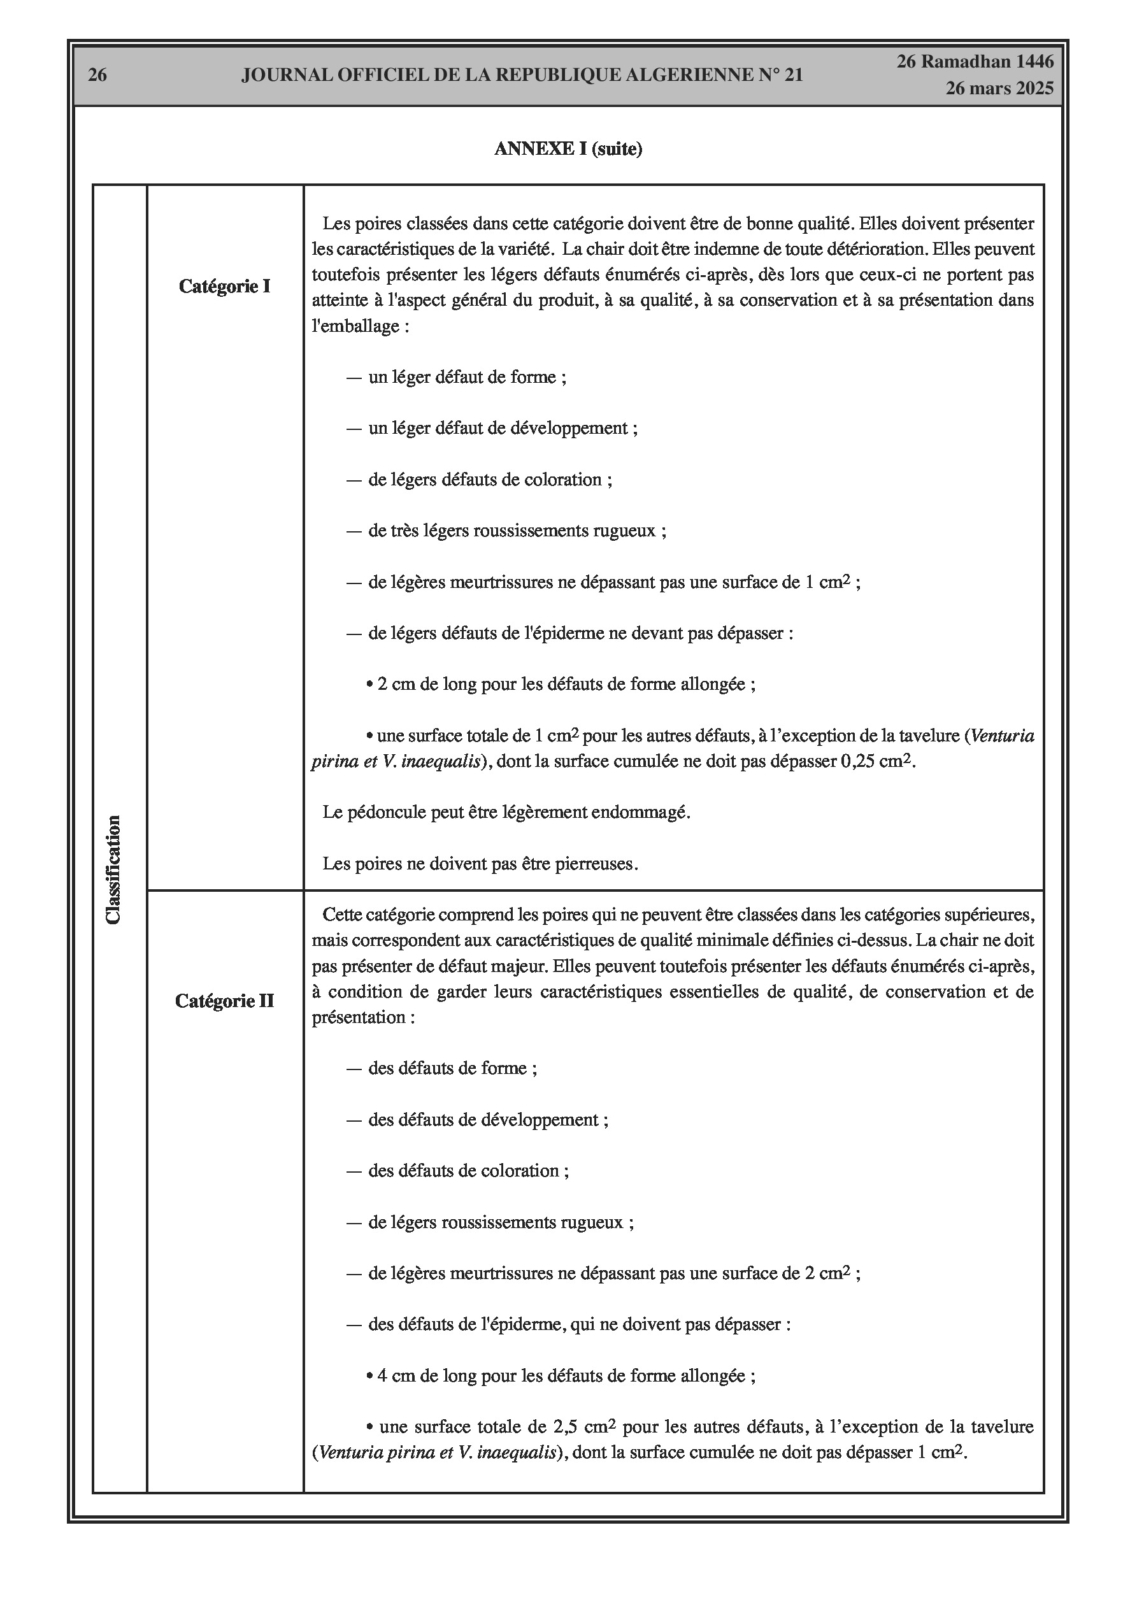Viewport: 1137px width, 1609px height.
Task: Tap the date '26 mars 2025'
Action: (999, 89)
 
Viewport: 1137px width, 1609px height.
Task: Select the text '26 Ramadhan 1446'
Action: (975, 62)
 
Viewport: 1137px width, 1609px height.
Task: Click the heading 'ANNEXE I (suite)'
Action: (568, 149)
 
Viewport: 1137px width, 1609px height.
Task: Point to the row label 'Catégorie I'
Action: (224, 287)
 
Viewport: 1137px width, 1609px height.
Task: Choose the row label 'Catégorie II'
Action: (224, 1001)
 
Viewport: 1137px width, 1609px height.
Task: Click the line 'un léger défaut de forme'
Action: (467, 378)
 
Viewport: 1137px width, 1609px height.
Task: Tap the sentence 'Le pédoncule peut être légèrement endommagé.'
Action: (506, 812)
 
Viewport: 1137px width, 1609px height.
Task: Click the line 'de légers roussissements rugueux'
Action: (501, 1222)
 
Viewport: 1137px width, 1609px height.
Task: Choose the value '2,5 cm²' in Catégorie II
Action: (584, 1427)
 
